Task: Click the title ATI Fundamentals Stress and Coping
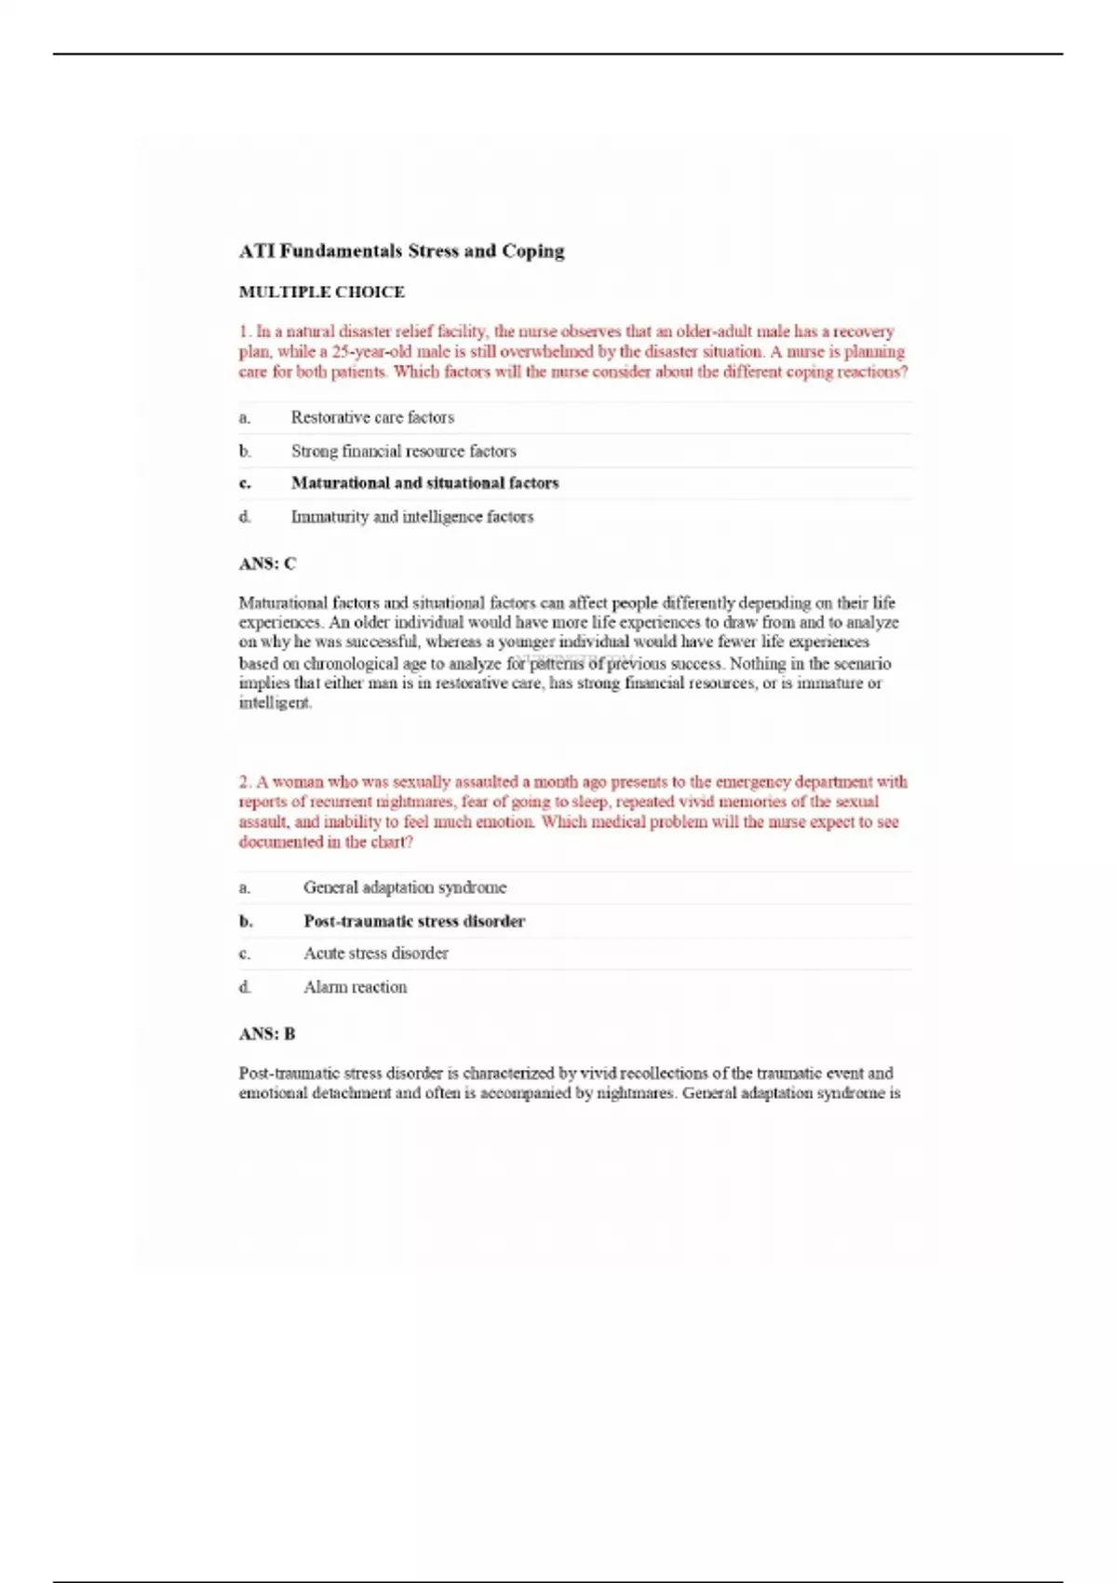pos(401,250)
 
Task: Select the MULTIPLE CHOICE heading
pos(321,291)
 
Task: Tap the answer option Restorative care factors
pos(372,417)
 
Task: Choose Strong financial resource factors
pos(403,451)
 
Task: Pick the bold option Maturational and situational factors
pos(424,482)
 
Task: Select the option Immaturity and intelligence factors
pos(411,516)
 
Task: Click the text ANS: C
pos(267,563)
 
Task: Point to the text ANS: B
pos(267,1034)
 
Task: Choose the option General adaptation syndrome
pos(405,887)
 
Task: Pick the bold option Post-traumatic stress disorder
pos(414,921)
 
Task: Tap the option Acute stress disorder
pos(375,953)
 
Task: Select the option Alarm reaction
pos(355,986)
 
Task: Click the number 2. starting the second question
pos(246,782)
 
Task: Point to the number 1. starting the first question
pos(245,331)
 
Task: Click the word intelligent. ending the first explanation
pos(276,703)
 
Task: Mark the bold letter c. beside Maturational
pos(245,483)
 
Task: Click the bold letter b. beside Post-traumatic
pos(246,922)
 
